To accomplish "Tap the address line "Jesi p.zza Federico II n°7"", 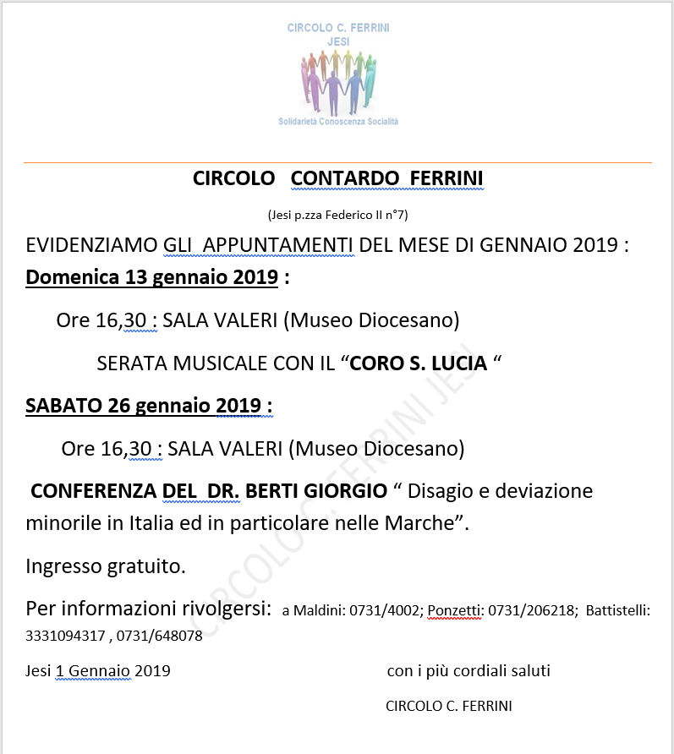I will pyautogui.click(x=337, y=215).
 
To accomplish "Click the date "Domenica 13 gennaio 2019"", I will pyautogui.click(x=152, y=277).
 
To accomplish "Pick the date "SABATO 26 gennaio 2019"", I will pyautogui.click(x=144, y=406).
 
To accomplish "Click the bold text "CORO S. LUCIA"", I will pyautogui.click(x=419, y=363).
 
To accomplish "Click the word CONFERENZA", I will pyautogui.click(x=90, y=491).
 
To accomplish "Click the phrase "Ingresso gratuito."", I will pyautogui.click(x=106, y=565).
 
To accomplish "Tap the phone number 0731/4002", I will pyautogui.click(x=388, y=611).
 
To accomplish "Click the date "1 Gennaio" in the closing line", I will pyautogui.click(x=93, y=671).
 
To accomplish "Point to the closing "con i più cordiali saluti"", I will pyautogui.click(x=469, y=671).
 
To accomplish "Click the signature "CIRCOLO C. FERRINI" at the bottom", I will pyautogui.click(x=448, y=706).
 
